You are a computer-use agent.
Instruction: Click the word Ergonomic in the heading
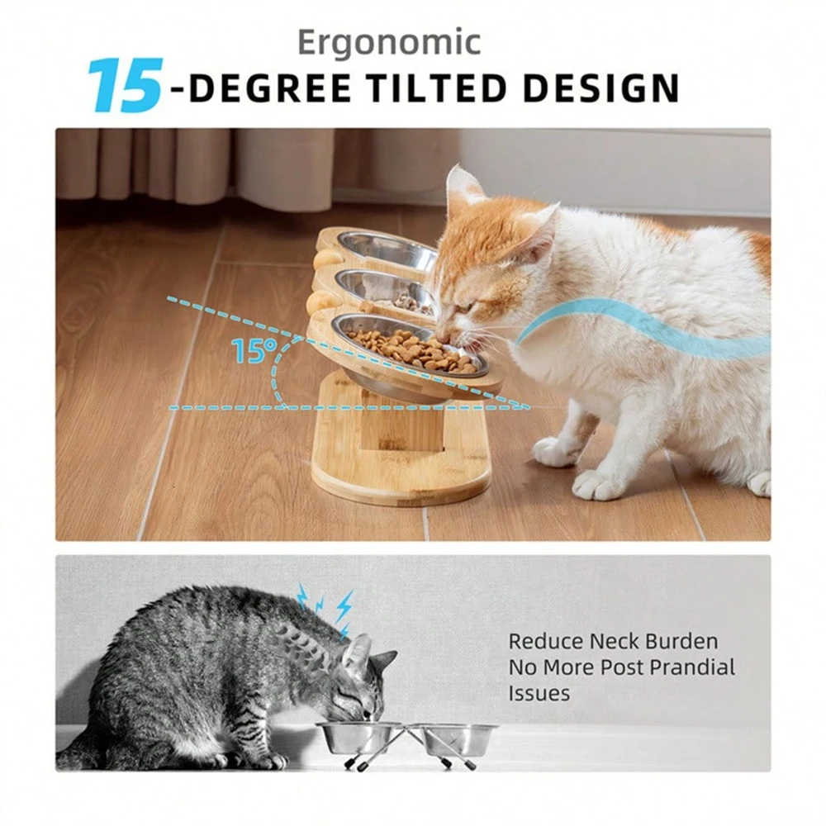[389, 44]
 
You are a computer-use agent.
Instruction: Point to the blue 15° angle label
[249, 351]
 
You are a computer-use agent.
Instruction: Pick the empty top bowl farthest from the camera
[387, 247]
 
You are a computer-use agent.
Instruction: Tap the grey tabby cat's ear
[358, 653]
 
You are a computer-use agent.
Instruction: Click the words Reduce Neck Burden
[613, 641]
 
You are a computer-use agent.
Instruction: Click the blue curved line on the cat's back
[644, 326]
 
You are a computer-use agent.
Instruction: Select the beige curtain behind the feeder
[198, 165]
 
